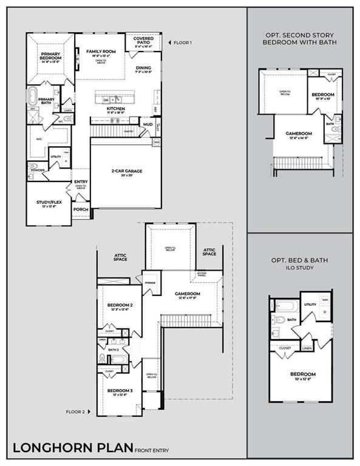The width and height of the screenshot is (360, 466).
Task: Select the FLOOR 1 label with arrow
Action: [x=180, y=42]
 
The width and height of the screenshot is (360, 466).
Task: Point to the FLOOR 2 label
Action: [x=78, y=411]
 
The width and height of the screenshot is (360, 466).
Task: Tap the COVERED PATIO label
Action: [x=142, y=42]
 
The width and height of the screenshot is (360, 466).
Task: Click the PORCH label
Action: [x=80, y=209]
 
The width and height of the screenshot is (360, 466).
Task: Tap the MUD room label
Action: [x=147, y=124]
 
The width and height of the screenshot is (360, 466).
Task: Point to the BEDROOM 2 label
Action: [x=120, y=307]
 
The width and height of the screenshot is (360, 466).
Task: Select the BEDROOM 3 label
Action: [x=120, y=391]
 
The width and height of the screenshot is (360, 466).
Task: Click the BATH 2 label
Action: [x=113, y=349]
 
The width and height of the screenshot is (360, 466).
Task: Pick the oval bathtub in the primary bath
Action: [x=33, y=98]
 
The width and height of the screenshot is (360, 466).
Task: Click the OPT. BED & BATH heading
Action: [x=300, y=260]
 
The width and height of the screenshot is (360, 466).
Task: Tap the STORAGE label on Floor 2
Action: [x=150, y=282]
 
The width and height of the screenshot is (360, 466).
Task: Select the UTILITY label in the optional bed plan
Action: [x=310, y=305]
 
